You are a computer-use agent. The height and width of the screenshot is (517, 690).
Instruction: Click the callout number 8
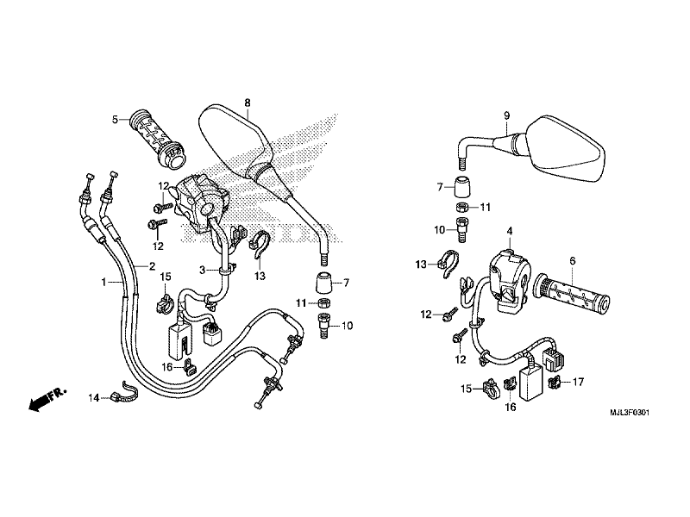(x=247, y=103)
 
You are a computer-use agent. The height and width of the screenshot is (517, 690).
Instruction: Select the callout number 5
(x=114, y=119)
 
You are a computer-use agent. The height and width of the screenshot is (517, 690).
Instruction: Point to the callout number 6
(x=572, y=260)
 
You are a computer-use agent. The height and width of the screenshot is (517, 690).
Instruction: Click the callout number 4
(x=510, y=231)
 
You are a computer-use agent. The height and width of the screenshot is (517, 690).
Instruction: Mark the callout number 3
(x=203, y=270)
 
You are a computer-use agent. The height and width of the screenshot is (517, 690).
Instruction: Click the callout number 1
(x=103, y=281)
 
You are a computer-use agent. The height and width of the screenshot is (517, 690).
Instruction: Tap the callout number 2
(x=152, y=266)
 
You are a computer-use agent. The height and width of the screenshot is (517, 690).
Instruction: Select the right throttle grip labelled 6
(x=572, y=293)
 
